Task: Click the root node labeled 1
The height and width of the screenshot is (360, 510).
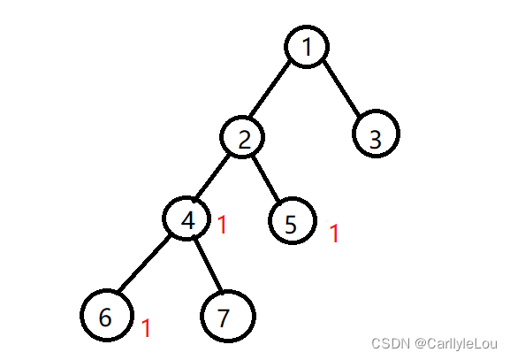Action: pos(307,47)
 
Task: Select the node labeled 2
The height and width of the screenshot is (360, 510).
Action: pos(242,137)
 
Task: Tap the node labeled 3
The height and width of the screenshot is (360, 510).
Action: pos(376,134)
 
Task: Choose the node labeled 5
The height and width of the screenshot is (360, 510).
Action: pos(293,220)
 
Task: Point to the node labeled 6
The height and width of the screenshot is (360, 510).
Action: pos(107,315)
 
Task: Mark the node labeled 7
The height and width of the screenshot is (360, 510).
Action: pos(228,316)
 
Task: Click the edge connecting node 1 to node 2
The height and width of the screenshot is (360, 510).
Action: pos(269,88)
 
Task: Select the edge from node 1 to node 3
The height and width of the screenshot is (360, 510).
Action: pos(342,88)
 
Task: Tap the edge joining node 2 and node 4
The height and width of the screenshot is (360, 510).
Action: pos(212,177)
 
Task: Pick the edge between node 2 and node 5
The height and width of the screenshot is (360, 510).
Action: pos(266,179)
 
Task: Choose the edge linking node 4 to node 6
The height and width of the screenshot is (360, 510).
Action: pos(144,263)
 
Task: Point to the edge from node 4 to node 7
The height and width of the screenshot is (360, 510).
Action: pos(208,265)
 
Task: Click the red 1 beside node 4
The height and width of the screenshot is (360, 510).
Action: pos(222,225)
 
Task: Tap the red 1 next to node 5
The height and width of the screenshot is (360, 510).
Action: pos(334,233)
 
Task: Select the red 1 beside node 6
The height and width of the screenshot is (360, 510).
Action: pos(147,328)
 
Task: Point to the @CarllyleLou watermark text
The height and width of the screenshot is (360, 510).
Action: pos(456,344)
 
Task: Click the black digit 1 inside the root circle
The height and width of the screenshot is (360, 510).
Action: pos(307,47)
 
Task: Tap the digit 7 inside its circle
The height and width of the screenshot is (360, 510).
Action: pos(223,318)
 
